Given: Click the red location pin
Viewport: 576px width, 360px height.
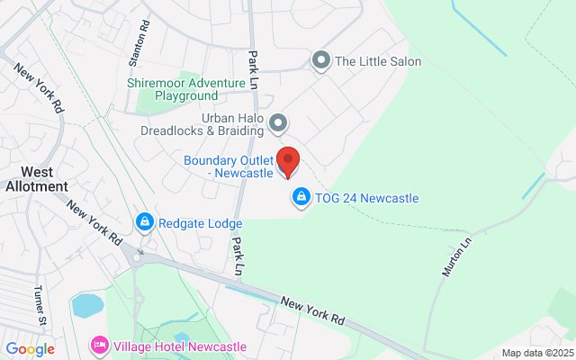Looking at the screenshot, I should [286, 160].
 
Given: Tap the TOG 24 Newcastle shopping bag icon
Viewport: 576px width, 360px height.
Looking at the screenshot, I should [301, 196].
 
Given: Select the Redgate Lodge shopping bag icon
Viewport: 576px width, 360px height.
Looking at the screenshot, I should [143, 221].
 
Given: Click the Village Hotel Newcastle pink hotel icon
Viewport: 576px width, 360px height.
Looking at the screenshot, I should [100, 346].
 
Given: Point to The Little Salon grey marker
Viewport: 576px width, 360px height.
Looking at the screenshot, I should [320, 60].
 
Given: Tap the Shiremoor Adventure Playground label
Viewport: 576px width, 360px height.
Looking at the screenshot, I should [186, 89].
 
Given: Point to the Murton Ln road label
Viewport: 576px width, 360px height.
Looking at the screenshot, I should [458, 256].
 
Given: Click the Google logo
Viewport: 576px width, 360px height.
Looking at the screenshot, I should [30, 348].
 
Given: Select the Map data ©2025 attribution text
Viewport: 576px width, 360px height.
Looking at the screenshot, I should [536, 353].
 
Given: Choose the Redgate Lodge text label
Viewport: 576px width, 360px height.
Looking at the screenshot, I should [201, 222].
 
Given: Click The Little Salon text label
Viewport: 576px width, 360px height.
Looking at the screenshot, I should [378, 62].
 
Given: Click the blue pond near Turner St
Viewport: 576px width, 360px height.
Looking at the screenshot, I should [88, 305].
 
